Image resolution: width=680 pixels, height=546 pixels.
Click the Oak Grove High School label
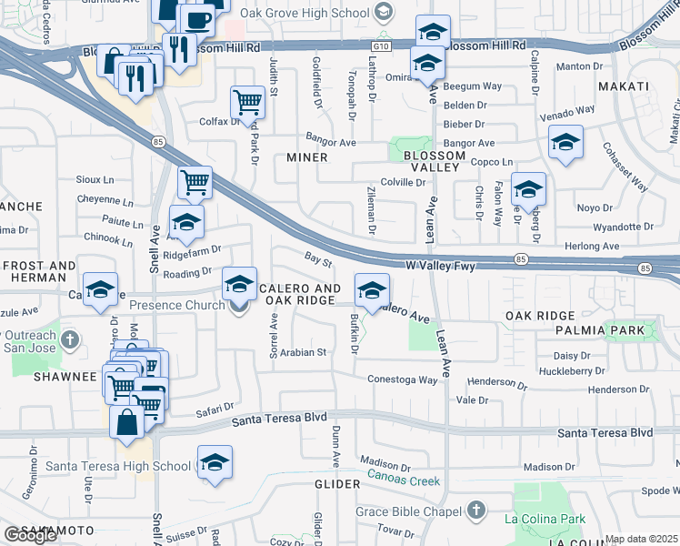(309, 13)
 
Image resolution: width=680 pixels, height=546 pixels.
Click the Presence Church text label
(176, 306)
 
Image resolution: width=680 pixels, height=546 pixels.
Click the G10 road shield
(381, 45)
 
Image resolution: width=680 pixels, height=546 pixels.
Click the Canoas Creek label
(404, 481)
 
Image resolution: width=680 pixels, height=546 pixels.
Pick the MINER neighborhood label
(306, 157)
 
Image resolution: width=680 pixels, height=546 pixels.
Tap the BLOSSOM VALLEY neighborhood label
(432, 162)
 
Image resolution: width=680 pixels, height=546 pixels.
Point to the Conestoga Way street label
(403, 379)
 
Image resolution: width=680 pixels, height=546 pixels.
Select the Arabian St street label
(303, 352)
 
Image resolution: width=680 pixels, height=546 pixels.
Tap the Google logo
(30, 535)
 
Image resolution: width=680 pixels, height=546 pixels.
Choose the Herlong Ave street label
(592, 247)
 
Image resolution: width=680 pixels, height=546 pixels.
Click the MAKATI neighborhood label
(623, 86)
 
